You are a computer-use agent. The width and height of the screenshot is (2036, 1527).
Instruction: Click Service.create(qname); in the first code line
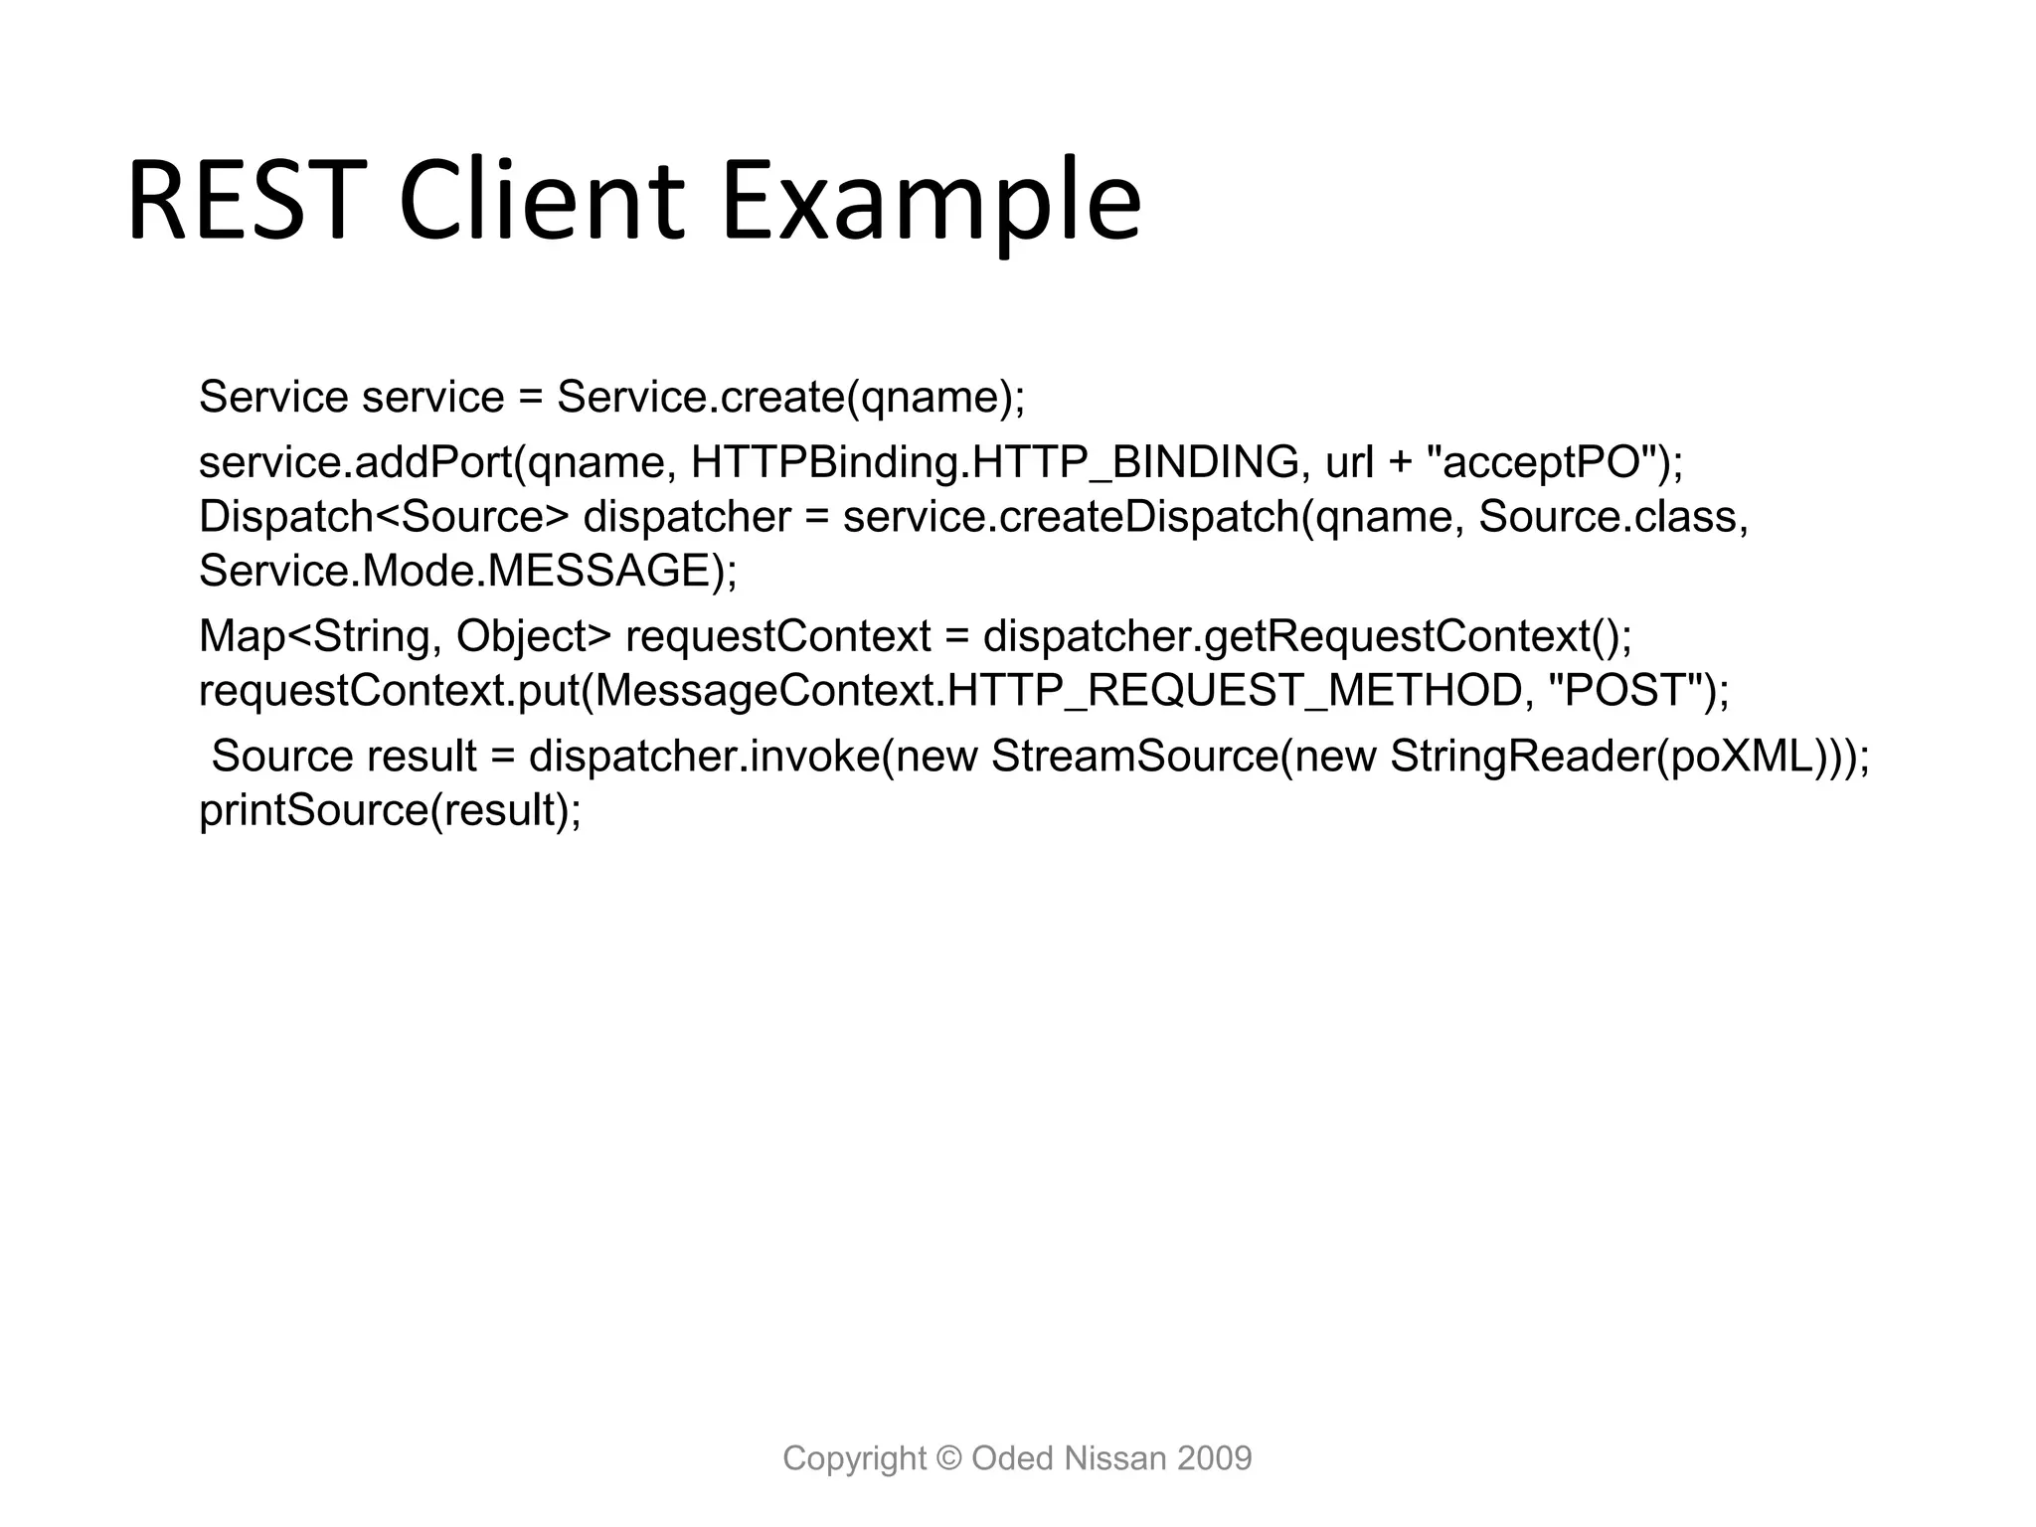(x=790, y=398)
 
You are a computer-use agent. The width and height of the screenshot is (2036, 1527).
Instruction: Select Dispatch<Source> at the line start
(x=384, y=517)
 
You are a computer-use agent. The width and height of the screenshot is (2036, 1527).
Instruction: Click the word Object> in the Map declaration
(x=533, y=636)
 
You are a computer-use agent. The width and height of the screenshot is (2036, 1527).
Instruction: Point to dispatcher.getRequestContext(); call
(x=1307, y=636)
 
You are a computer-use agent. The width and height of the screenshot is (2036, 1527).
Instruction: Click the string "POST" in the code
(x=1630, y=691)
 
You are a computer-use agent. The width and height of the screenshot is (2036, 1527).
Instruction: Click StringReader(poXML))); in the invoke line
(x=1629, y=757)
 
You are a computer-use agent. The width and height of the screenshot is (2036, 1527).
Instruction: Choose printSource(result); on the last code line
(x=390, y=810)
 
